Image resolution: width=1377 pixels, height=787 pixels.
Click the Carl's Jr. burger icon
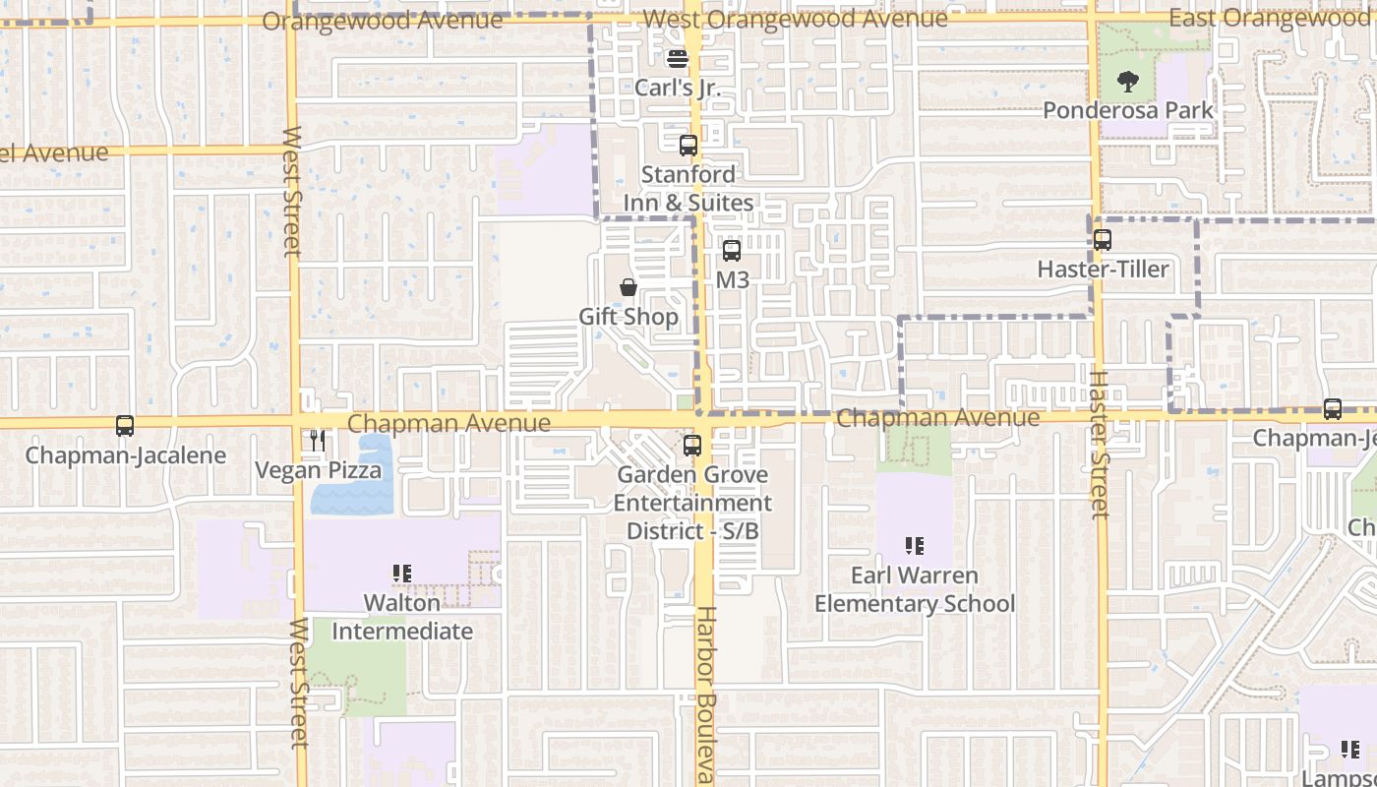(677, 58)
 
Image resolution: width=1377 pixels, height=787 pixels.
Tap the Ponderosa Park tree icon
(1128, 82)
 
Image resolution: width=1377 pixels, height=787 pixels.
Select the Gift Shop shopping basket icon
(628, 287)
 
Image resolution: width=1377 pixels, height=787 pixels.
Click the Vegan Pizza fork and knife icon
(318, 441)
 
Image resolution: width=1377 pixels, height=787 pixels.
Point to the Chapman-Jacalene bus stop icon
(125, 426)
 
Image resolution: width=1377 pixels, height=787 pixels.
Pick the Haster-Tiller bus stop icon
(1103, 240)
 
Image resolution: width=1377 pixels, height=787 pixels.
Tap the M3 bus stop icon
(732, 251)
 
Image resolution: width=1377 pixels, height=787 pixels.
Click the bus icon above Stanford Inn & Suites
(688, 146)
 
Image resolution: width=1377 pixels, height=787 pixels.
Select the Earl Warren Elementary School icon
(915, 545)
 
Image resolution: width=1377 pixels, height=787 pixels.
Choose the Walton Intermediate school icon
(401, 573)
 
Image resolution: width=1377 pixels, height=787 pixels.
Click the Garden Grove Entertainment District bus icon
(692, 446)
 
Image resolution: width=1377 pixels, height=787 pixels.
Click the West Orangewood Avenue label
(795, 18)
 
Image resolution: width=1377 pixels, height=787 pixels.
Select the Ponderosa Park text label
(1128, 110)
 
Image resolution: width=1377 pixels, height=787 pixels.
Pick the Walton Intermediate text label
(402, 617)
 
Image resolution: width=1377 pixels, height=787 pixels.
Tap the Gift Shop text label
(629, 317)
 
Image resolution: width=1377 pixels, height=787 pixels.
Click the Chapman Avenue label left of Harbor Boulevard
(449, 423)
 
